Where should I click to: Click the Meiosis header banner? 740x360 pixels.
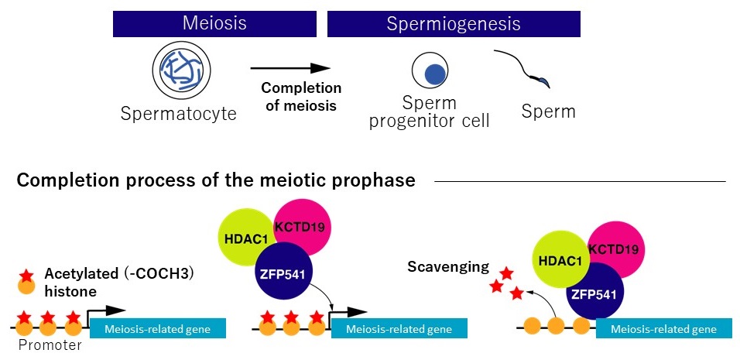coord(214,23)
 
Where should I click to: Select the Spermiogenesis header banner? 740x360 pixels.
coord(453,23)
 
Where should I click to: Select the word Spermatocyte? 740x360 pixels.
coord(178,115)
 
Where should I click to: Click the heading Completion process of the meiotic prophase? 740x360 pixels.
coord(216,180)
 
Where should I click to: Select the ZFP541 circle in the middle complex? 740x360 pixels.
coord(283,273)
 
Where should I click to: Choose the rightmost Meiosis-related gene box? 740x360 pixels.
coord(663,329)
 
